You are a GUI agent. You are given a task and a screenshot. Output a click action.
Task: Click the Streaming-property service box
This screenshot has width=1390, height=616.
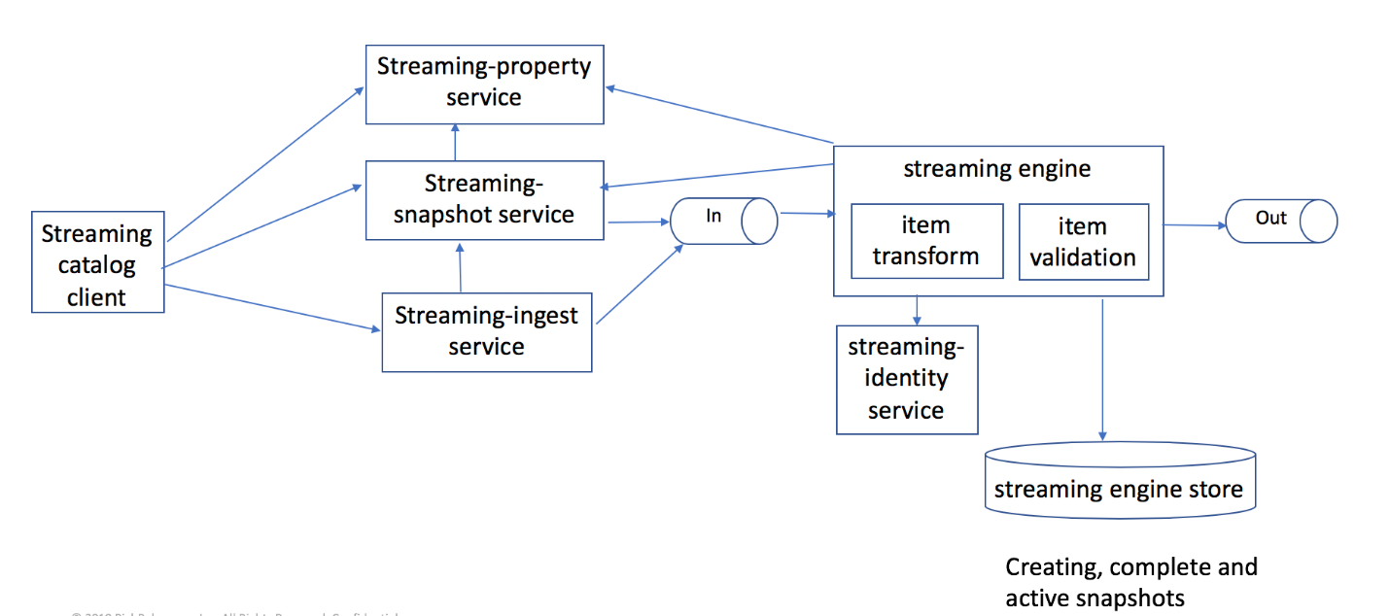pyautogui.click(x=483, y=83)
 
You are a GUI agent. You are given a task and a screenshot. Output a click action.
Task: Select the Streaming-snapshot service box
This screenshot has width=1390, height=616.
pyautogui.click(x=483, y=199)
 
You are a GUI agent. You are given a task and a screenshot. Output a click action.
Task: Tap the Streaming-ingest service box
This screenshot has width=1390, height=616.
pyautogui.click(x=486, y=330)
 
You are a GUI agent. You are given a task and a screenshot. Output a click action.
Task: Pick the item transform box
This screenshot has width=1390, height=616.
pyautogui.click(x=925, y=241)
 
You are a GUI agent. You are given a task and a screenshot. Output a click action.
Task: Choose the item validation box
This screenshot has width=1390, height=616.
pyautogui.click(x=1083, y=241)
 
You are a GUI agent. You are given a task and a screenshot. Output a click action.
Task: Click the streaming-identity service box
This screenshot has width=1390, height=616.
pyautogui.click(x=906, y=379)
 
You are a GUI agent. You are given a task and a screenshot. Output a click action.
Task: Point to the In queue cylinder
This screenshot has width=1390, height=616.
pyautogui.click(x=721, y=220)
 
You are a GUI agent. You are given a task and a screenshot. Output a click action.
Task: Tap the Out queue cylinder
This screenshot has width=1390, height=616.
pyautogui.click(x=1279, y=220)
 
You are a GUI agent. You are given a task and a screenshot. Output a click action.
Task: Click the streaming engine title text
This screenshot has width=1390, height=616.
pyautogui.click(x=997, y=168)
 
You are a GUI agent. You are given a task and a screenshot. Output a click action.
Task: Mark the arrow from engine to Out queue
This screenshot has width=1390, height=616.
pyautogui.click(x=1194, y=225)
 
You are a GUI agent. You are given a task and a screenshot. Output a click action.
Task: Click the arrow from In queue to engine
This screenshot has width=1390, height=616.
pyautogui.click(x=805, y=213)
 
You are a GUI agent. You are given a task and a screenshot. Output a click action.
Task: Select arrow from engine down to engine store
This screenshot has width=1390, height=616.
pyautogui.click(x=1102, y=369)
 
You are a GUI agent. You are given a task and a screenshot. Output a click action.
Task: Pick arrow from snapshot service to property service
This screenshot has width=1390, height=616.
pyautogui.click(x=455, y=143)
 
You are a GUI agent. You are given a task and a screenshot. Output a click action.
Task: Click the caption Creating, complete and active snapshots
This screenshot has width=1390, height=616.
pyautogui.click(x=1130, y=582)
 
